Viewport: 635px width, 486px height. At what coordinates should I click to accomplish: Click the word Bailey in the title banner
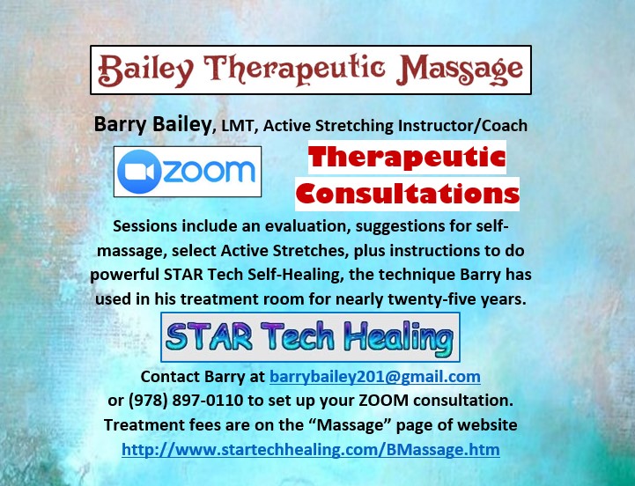point(145,70)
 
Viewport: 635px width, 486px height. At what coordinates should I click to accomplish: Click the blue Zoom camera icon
point(139,172)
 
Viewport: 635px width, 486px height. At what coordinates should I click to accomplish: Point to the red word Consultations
point(408,194)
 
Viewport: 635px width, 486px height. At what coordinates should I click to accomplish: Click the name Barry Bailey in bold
point(152,124)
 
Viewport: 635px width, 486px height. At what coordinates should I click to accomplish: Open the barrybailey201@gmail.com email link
point(375,377)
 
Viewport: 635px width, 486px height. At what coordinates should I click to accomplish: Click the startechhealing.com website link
point(311,450)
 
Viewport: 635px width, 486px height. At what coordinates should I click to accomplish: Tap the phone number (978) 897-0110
point(186,401)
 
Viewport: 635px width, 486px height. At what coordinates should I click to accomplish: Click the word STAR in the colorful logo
point(209,337)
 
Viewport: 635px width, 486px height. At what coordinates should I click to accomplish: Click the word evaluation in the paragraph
point(307,226)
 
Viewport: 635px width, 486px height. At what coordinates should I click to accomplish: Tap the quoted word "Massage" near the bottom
point(350,425)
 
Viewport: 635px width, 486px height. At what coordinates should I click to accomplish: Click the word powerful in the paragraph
point(125,275)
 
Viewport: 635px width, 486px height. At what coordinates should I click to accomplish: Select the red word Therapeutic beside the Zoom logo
point(407,158)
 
